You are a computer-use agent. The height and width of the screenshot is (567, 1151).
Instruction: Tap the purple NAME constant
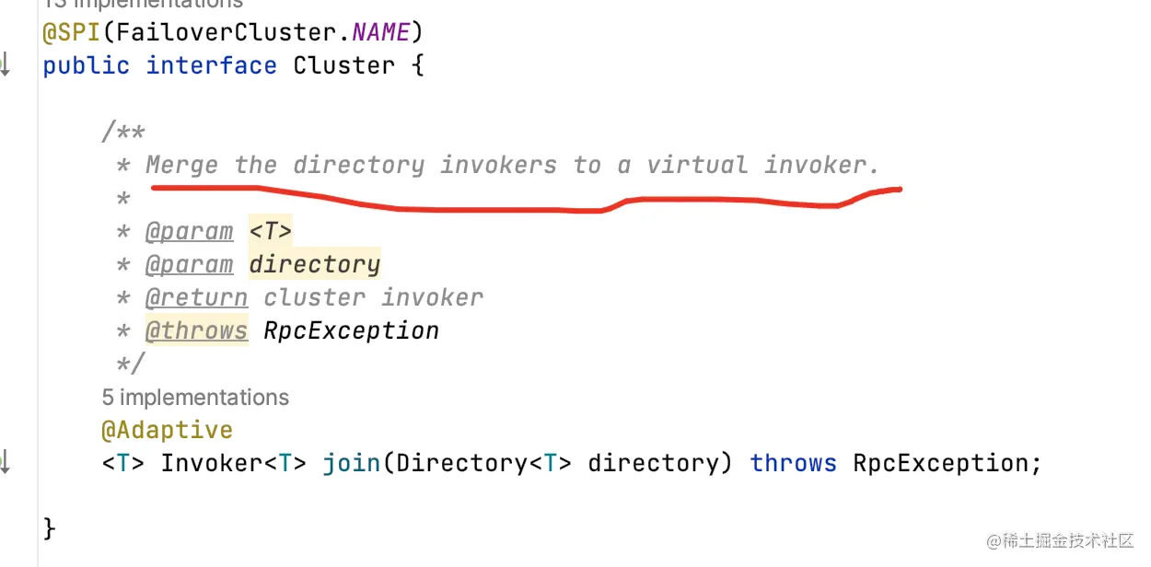380,33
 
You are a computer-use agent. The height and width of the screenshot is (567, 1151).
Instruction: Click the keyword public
86,66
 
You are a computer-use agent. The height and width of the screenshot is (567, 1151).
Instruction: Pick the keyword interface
211,66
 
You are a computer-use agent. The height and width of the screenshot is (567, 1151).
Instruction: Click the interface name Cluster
343,66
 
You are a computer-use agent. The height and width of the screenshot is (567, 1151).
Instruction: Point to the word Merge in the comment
182,166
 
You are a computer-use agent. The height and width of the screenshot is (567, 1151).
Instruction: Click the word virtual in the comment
697,166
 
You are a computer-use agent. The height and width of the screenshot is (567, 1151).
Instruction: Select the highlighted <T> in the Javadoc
270,231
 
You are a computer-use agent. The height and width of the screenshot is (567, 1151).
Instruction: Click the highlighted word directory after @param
314,264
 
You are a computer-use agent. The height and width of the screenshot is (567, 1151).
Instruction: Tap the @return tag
196,297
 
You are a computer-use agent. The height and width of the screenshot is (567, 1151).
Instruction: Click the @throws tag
196,330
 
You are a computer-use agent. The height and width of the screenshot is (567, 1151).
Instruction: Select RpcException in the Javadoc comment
351,330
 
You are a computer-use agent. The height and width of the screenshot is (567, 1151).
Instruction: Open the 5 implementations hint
195,398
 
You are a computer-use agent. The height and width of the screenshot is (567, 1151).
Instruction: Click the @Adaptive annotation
167,430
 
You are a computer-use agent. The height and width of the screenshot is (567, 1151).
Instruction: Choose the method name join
351,463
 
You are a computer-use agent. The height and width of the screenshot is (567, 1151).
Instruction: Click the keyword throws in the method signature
793,463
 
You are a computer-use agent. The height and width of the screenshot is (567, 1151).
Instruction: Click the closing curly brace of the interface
50,529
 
